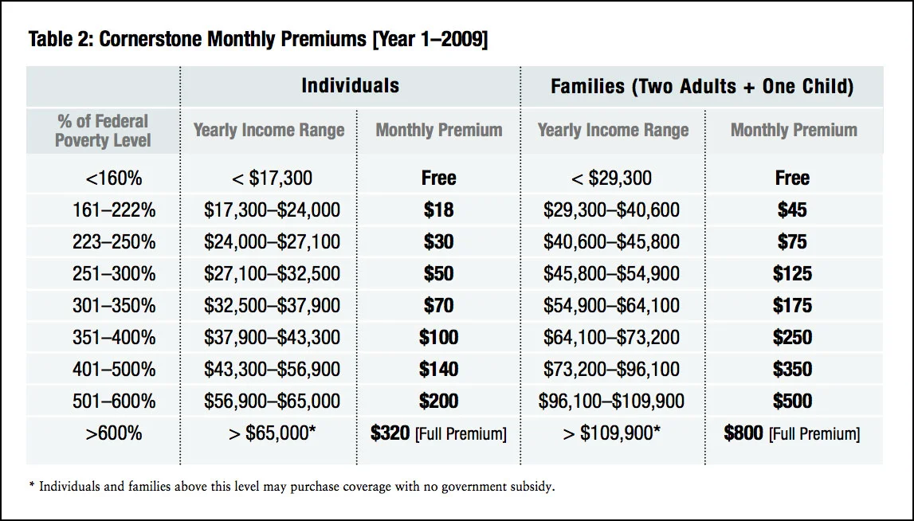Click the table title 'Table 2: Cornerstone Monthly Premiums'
(257, 40)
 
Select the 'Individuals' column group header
(350, 85)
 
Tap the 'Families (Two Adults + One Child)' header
(702, 87)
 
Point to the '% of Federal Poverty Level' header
(103, 131)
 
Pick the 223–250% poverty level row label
(114, 241)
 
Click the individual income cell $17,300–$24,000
(272, 210)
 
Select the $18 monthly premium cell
(438, 210)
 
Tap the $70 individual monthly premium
(438, 306)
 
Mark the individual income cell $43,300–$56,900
(272, 370)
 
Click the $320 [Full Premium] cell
(438, 433)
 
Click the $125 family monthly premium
(792, 274)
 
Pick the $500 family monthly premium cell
(792, 402)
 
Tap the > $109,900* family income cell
(611, 433)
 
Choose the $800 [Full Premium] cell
(792, 433)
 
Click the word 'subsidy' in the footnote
(529, 487)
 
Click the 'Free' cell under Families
(792, 178)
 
